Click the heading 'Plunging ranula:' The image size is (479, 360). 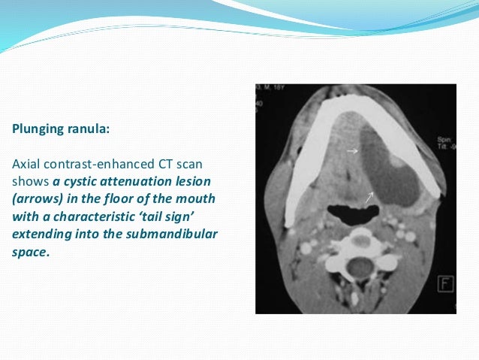coord(61,129)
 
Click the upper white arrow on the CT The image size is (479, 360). coord(351,151)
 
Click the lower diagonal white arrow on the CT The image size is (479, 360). coord(369,198)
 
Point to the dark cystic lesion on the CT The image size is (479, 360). coord(387,169)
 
